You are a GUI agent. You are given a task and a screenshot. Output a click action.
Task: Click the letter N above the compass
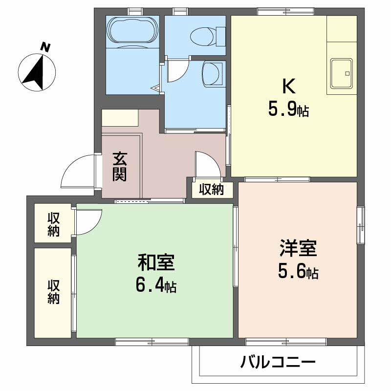click(x=45, y=47)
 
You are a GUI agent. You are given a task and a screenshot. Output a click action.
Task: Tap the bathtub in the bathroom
click(x=132, y=31)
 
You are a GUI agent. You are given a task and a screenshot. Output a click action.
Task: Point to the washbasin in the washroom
click(x=211, y=75)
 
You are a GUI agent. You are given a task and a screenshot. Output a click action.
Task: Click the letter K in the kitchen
click(x=288, y=87)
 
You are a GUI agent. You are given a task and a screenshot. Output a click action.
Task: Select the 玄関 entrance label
click(x=120, y=167)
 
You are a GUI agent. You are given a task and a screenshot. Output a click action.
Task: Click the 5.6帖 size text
click(x=298, y=272)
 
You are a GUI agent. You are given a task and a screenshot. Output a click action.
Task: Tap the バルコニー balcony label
click(x=278, y=363)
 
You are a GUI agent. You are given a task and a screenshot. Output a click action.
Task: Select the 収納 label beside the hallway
click(x=211, y=189)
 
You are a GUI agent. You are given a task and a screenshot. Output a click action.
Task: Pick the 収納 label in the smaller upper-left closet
click(x=53, y=224)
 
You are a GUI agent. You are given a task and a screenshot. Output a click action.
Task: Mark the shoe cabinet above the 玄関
click(x=120, y=118)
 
